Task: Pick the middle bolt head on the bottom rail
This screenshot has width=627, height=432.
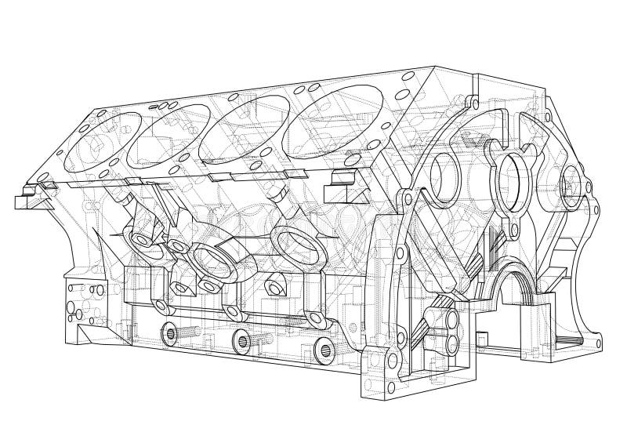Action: (244, 340)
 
